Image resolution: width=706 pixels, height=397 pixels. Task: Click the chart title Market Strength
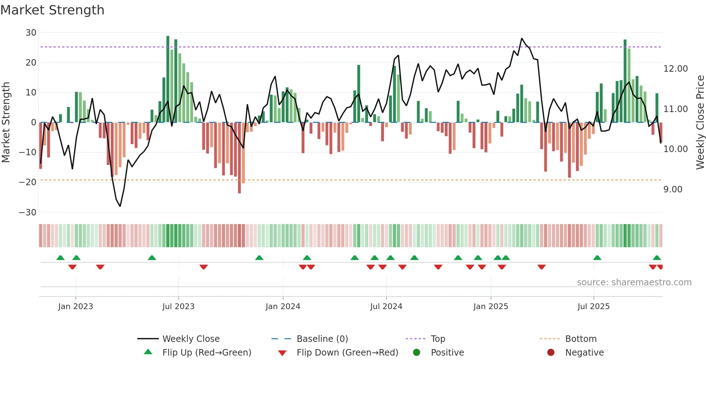click(x=52, y=10)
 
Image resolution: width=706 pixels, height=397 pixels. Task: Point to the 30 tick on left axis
click(x=31, y=33)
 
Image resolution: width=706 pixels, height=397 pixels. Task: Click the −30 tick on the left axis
click(x=28, y=213)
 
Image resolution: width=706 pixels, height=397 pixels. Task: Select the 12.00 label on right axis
click(x=675, y=69)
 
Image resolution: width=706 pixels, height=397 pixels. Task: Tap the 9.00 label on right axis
click(x=673, y=189)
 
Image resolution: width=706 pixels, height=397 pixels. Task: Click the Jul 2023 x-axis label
click(x=178, y=307)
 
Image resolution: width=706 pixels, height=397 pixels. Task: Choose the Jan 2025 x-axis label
click(x=491, y=307)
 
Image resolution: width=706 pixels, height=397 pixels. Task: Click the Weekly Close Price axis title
click(x=700, y=122)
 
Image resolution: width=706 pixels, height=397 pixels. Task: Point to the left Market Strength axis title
click(x=6, y=122)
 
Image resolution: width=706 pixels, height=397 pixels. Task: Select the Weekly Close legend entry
click(x=191, y=339)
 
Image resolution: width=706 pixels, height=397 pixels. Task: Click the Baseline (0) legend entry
click(x=322, y=339)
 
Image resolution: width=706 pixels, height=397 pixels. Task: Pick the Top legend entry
click(x=438, y=339)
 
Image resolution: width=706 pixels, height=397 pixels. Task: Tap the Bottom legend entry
click(x=581, y=339)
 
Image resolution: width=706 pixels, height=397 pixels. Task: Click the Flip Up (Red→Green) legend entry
click(x=206, y=353)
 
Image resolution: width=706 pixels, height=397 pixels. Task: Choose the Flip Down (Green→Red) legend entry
click(x=347, y=353)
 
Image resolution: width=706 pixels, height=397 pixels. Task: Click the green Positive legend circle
click(x=417, y=353)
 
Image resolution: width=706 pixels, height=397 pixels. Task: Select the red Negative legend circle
click(x=551, y=353)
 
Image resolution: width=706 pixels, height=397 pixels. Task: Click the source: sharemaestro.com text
click(x=634, y=282)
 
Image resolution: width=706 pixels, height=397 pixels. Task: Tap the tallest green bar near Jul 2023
click(x=168, y=79)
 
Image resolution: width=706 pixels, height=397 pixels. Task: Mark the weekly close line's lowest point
click(x=120, y=206)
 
